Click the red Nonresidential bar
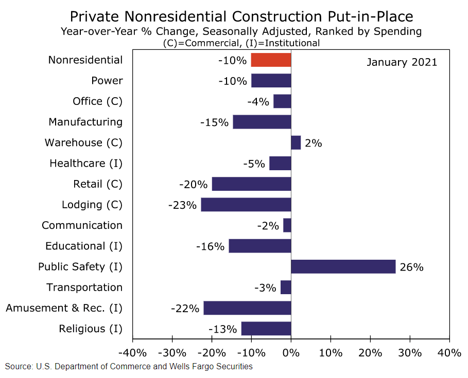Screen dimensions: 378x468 pos(271,60)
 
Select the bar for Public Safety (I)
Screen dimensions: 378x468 pos(343,267)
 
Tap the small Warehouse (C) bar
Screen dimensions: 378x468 pos(296,143)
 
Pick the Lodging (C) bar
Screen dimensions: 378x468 pos(246,205)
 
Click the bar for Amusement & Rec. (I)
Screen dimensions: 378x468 pos(247,308)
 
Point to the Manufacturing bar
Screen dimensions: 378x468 pos(262,122)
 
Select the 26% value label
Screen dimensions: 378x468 pos(412,267)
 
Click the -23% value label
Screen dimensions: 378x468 pos(182,205)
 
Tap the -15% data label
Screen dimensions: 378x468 pos(214,122)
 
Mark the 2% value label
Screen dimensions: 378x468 pos(313,143)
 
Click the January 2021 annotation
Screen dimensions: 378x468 pos(402,62)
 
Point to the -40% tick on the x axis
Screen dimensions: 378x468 pos(133,353)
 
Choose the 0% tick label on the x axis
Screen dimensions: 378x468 pos(291,353)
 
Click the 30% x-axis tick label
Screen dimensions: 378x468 pos(410,353)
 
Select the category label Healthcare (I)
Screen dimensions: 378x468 pos(86,164)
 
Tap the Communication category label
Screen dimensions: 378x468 pos(82,225)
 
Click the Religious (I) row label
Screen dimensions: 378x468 pos(91,329)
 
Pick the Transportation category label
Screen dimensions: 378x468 pos(84,287)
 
